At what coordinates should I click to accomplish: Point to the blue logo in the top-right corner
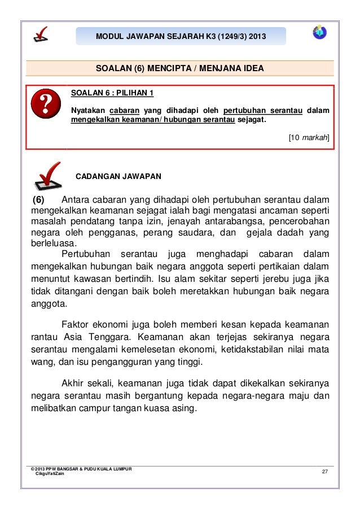[x=320, y=32]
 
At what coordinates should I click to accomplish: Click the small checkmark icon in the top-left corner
[x=41, y=34]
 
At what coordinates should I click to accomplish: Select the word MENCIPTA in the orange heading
[x=169, y=69]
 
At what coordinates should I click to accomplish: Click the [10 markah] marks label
[x=309, y=137]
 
